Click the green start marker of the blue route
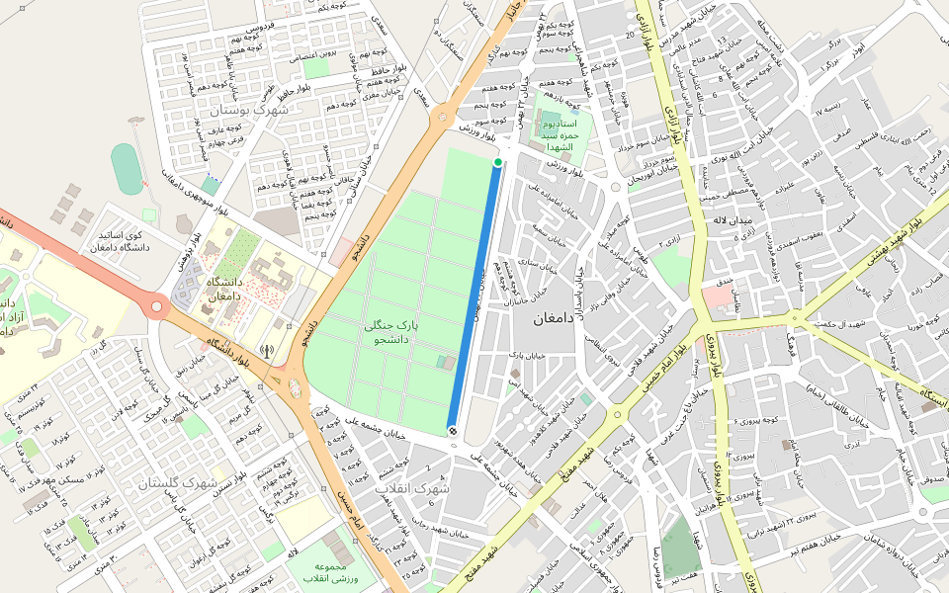click(498, 162)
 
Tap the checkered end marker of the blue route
click(452, 430)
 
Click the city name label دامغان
click(537, 319)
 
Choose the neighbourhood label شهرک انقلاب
click(412, 488)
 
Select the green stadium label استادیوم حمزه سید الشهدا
click(566, 133)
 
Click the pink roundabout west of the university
click(155, 306)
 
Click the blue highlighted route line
click(475, 296)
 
